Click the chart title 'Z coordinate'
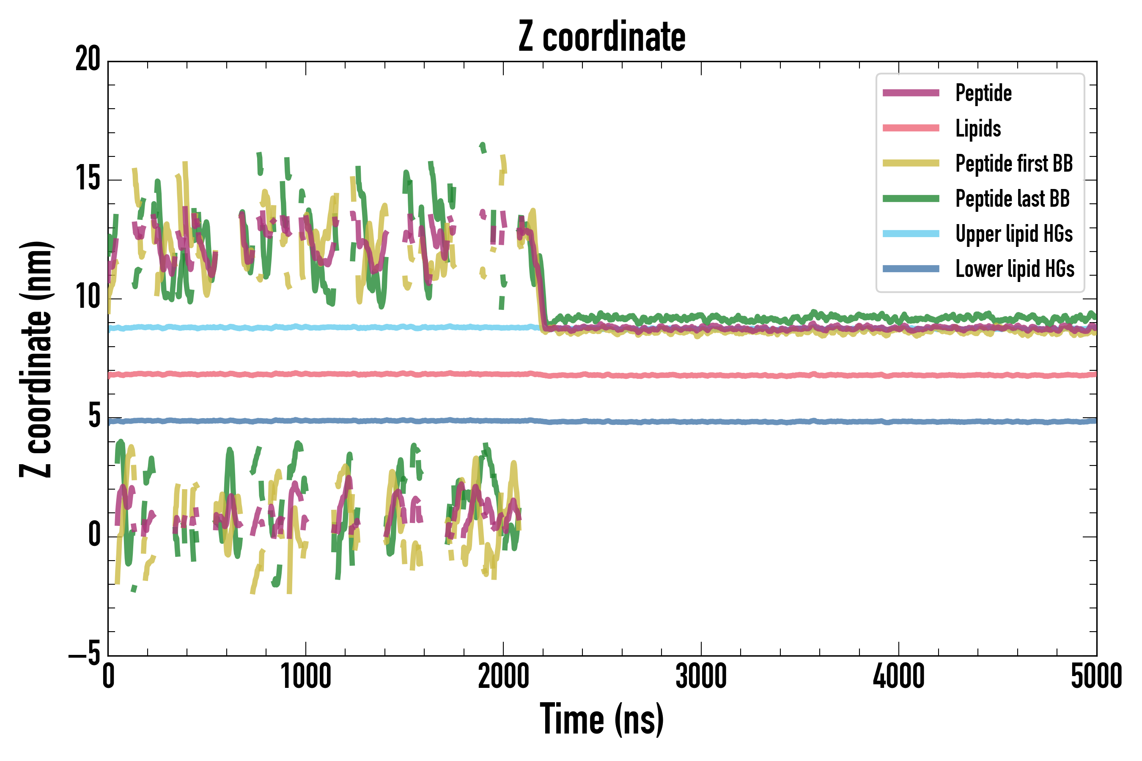(x=601, y=37)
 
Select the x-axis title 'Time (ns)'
(x=601, y=719)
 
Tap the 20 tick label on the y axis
(x=88, y=60)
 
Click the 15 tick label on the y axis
(x=88, y=179)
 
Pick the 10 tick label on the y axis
(x=88, y=298)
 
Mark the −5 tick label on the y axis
(x=85, y=655)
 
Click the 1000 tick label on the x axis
(x=306, y=677)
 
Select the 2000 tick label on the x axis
(x=503, y=677)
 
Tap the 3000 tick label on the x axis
(x=701, y=677)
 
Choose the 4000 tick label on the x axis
(x=899, y=677)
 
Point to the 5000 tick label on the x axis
(x=1096, y=677)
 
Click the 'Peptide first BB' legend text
(x=1014, y=164)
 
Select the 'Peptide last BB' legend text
(x=1012, y=199)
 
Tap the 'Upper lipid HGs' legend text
(x=1014, y=234)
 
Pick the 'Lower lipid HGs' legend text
(x=1015, y=269)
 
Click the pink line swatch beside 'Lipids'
(x=911, y=128)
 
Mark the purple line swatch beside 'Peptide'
(x=911, y=93)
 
